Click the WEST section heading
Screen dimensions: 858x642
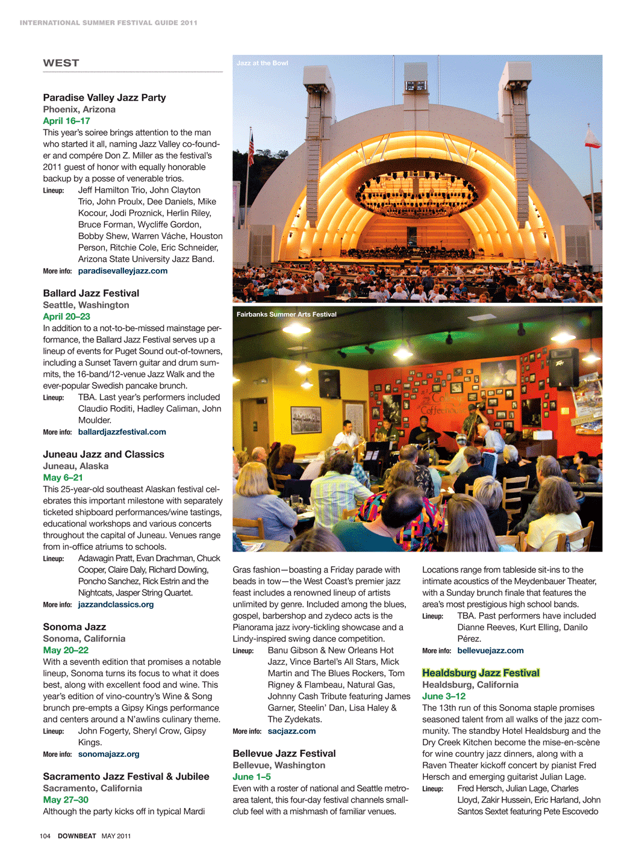[61, 63]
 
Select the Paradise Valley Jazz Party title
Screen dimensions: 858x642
[104, 98]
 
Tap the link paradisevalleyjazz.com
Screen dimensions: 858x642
[123, 271]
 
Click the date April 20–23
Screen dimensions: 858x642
[66, 317]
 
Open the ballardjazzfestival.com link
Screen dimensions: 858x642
[122, 432]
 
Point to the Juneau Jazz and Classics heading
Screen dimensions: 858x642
[104, 455]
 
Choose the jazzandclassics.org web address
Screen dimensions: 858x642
[116, 605]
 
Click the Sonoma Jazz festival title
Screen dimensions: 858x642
[74, 627]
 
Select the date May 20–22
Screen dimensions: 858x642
[66, 650]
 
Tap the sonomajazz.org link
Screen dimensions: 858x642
[108, 754]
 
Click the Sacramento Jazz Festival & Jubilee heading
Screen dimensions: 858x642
[126, 777]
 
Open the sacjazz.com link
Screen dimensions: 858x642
[291, 731]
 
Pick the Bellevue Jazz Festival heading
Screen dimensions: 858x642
[284, 754]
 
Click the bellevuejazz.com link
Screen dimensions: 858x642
[490, 650]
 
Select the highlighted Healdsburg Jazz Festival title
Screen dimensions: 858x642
[481, 673]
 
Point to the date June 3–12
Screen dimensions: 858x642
[444, 696]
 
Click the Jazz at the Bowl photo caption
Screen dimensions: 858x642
[262, 63]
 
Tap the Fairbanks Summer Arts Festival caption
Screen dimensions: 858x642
[286, 314]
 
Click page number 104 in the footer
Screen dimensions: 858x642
[45, 836]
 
